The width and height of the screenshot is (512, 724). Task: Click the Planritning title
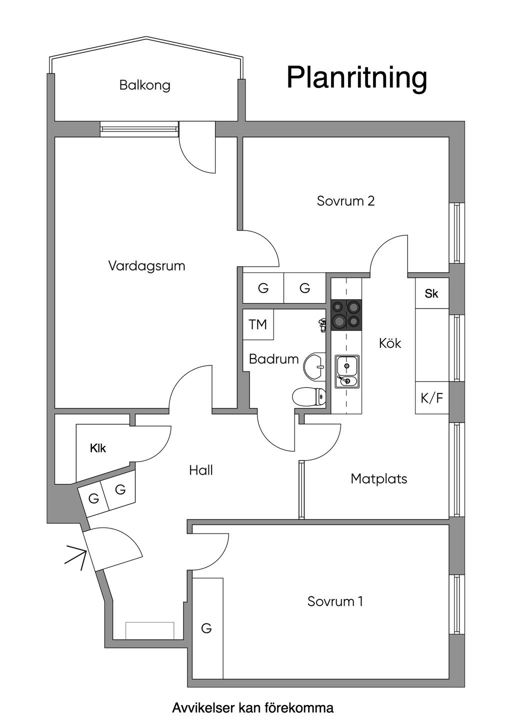click(356, 78)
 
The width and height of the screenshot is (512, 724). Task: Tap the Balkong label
click(144, 85)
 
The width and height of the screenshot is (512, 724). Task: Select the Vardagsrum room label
click(146, 265)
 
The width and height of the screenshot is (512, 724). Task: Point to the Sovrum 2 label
click(345, 201)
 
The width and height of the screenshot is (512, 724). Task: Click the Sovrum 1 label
click(335, 601)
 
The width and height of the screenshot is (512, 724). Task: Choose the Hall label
click(201, 470)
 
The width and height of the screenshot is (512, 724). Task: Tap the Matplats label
click(378, 478)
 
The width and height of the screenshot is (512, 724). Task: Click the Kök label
click(390, 343)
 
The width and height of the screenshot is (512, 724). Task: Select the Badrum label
click(273, 359)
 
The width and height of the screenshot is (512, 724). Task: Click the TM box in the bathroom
click(258, 324)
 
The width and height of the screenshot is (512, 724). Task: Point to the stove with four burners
click(346, 315)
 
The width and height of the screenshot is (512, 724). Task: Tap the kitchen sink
click(347, 371)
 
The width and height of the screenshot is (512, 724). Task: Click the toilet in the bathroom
click(309, 396)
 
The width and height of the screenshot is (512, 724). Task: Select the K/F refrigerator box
click(432, 398)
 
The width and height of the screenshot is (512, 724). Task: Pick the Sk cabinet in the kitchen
click(431, 293)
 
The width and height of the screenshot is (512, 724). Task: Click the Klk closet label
click(98, 448)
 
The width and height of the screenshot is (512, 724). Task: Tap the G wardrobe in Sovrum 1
click(206, 628)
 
